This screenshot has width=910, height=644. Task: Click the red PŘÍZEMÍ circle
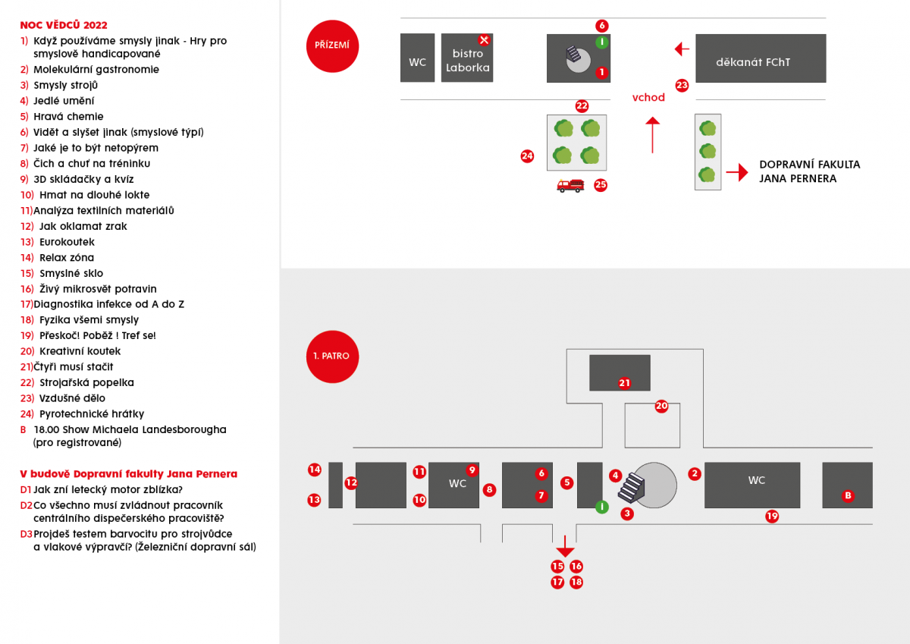pos(331,46)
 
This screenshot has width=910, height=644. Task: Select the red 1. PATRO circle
pos(331,356)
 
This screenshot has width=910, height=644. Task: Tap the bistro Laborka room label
pos(467,61)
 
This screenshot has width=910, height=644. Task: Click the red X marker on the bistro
pos(484,40)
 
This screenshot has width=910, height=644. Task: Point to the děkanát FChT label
pos(752,62)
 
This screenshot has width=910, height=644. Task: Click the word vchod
pos(648,97)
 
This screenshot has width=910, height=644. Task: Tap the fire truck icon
pos(570,185)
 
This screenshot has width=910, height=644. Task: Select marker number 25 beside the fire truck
pos(601,184)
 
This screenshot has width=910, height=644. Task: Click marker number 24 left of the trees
pos(527,156)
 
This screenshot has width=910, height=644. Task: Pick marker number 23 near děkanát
pos(682,86)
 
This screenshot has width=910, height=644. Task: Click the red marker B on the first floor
pos(848,496)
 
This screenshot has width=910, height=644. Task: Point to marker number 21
pos(624,383)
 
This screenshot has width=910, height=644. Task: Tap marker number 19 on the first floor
pos(772,517)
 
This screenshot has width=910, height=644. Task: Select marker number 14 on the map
pos(315,470)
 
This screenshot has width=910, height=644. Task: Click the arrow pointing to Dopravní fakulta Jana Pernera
pos(736,173)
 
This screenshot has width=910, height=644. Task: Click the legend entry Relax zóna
pos(67,258)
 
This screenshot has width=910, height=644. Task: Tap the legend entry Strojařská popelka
pos(86,382)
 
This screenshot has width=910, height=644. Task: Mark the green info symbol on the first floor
pos(601,506)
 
